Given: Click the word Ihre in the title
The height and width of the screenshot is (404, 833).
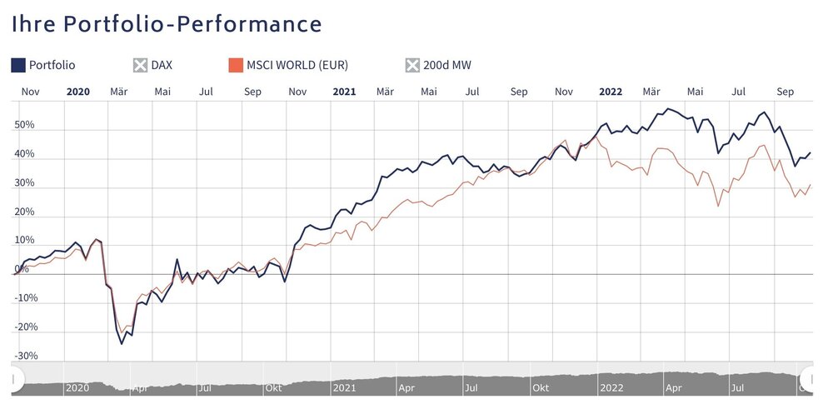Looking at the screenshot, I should pos(34,23).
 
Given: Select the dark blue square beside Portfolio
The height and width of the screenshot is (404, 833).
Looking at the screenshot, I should pos(18,65).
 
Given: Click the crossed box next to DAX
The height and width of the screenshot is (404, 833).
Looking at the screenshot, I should pos(140,65).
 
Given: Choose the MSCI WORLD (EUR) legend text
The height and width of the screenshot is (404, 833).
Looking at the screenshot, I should pos(297,65).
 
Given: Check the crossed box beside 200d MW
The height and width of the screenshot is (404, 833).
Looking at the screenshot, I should pos(412,65).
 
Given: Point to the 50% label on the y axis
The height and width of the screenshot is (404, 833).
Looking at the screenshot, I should pos(24,126).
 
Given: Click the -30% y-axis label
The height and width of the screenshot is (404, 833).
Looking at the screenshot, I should pos(26,356).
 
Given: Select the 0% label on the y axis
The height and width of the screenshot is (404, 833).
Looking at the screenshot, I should pos(21,269).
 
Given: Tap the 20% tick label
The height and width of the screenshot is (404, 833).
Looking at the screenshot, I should pos(24,212).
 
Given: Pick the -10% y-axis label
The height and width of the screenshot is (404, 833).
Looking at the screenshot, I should pos(26,298).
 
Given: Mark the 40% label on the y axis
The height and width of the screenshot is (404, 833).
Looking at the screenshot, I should pos(24,154).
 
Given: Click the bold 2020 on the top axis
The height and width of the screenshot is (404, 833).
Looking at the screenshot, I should pos(77,92).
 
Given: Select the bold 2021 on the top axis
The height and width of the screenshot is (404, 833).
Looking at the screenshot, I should pos(344,92).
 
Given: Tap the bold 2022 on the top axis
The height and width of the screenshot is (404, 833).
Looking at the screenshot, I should pos(611,92).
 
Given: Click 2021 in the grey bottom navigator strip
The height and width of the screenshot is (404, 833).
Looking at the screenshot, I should pos(344,387).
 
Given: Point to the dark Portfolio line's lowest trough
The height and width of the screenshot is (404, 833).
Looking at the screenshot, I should pos(121,343).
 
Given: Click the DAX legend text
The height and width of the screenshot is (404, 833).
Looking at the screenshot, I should pos(162,65).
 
